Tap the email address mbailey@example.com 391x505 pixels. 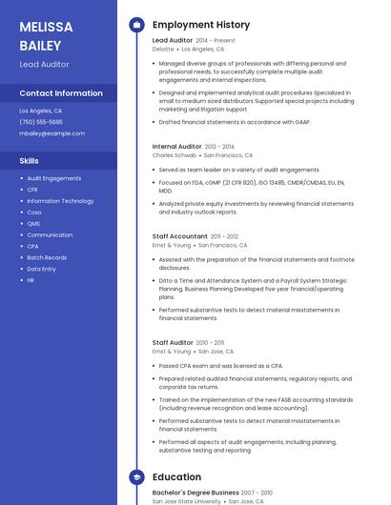coord(46,133)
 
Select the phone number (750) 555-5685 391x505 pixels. coord(41,122)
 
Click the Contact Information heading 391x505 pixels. coord(61,93)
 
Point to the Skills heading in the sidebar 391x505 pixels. coord(29,161)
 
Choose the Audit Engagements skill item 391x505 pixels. coord(54,178)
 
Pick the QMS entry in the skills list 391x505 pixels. coord(33,224)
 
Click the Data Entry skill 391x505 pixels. coord(42,269)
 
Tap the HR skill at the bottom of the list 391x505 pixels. coord(31,280)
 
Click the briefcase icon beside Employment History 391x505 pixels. coord(135,24)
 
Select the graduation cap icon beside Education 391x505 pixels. coord(135,476)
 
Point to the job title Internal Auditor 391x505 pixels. coord(176,146)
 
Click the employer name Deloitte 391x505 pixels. coord(163,49)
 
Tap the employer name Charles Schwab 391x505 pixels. coord(175,154)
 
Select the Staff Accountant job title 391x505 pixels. coord(179,235)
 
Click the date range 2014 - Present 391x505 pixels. coord(215,41)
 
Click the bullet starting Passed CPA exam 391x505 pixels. coord(220,365)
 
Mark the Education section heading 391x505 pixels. coord(176,476)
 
